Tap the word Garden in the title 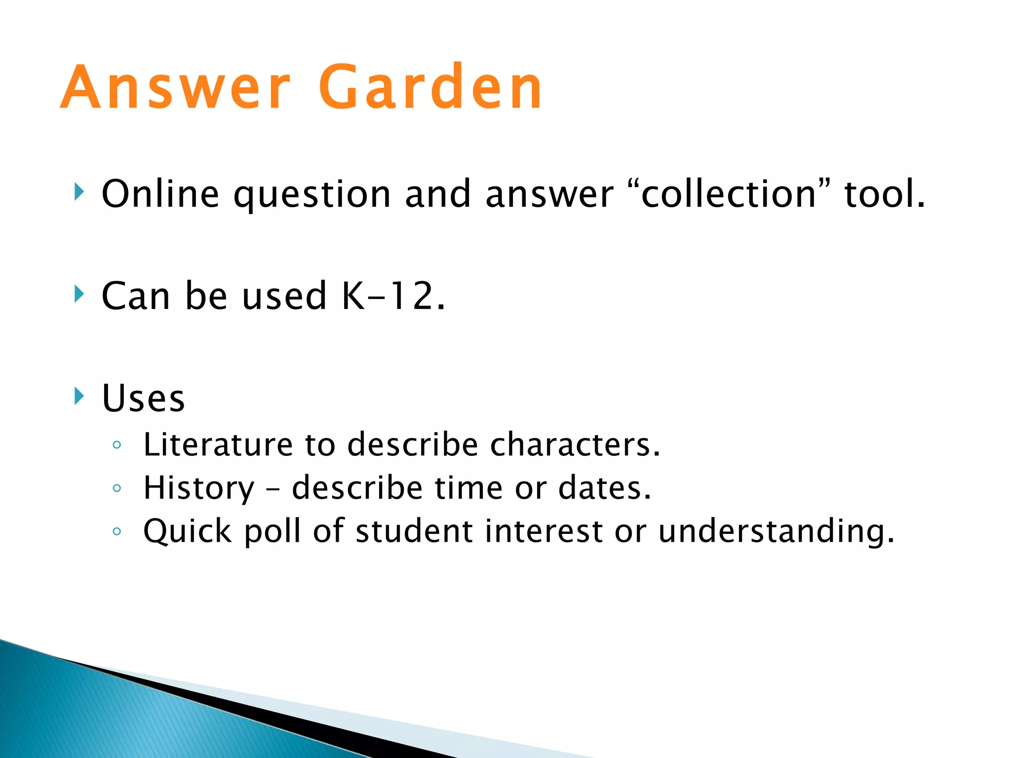pyautogui.click(x=430, y=88)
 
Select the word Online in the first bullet pyautogui.click(x=160, y=194)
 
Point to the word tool pyautogui.click(x=884, y=194)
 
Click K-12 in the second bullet pyautogui.click(x=393, y=296)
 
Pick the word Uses pyautogui.click(x=143, y=398)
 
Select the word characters pyautogui.click(x=575, y=445)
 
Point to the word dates pyautogui.click(x=604, y=488)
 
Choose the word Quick pyautogui.click(x=188, y=531)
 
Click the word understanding pyautogui.click(x=776, y=531)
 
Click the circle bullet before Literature pyautogui.click(x=117, y=445)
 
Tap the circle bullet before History pyautogui.click(x=117, y=489)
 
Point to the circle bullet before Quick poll pyautogui.click(x=117, y=532)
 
